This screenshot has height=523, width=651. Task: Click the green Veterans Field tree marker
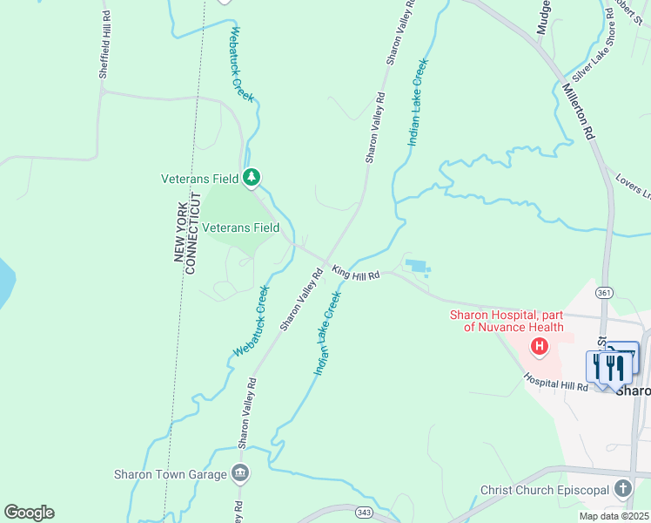click(252, 178)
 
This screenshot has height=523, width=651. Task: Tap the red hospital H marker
click(540, 347)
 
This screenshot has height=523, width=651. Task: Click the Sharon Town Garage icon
click(240, 474)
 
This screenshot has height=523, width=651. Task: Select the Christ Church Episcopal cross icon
click(622, 488)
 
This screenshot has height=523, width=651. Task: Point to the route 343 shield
click(364, 511)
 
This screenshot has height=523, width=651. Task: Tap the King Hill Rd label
click(355, 274)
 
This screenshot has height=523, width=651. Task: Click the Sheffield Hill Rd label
click(104, 56)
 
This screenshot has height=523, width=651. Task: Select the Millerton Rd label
click(578, 112)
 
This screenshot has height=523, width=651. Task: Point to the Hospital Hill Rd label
click(556, 381)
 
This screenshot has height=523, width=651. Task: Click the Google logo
click(29, 513)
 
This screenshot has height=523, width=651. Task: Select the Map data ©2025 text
click(613, 516)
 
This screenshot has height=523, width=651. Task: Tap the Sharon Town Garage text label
click(170, 475)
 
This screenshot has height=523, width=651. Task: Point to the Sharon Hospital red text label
click(506, 321)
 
